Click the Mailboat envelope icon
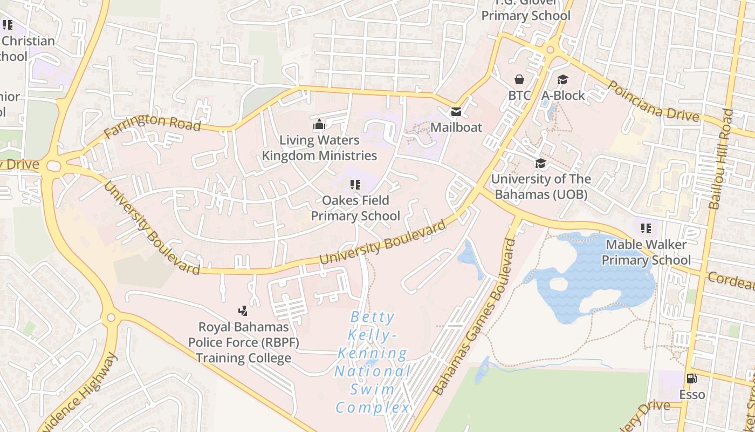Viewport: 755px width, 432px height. point(456,112)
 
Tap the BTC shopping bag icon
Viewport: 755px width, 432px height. point(519,80)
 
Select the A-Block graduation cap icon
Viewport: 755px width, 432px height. point(562,80)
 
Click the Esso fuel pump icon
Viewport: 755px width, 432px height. point(691,379)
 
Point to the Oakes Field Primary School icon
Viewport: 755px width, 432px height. point(355,185)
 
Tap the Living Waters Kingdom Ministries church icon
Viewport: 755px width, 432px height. point(319,125)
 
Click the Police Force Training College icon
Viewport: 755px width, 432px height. point(243,310)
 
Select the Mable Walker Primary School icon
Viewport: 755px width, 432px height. point(646,228)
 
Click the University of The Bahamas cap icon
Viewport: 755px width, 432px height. point(540,163)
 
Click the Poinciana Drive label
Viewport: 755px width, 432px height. point(654,101)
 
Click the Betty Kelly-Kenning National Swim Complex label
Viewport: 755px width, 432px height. point(373,362)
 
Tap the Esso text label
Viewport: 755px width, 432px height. point(692,395)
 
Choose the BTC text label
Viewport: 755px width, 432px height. point(520,96)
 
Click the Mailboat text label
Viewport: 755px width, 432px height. point(456,127)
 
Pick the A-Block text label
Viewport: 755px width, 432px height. point(563,96)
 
